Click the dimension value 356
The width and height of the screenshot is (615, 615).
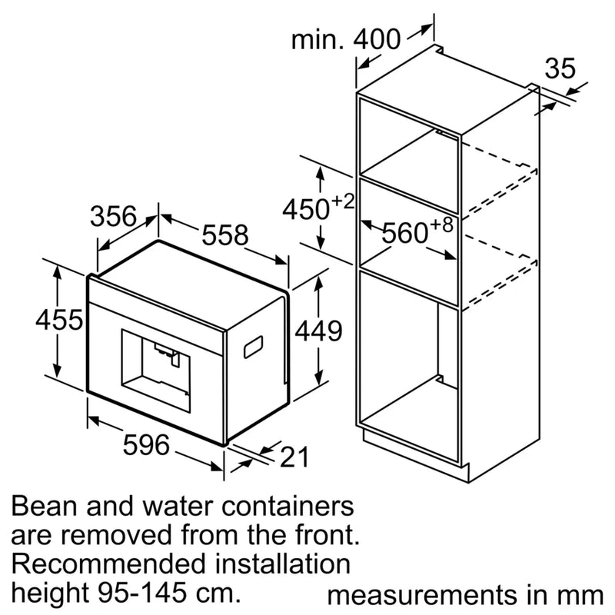coord(113,216)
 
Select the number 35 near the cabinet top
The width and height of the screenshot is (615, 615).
coord(560,68)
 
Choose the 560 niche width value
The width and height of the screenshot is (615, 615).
coord(405,233)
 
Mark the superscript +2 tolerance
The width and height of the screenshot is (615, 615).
coord(344,201)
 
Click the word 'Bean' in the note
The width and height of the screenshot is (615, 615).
coord(48,507)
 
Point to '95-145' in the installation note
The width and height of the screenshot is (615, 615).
coord(153,591)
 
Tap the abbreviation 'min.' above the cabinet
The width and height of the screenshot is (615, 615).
coord(317,39)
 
